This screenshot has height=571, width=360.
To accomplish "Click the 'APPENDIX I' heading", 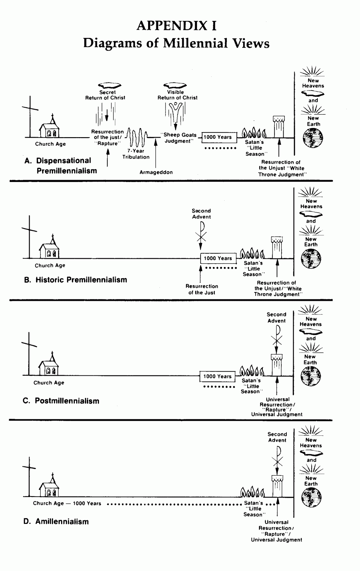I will point(177,26).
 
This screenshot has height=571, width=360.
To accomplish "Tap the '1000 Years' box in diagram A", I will point(218,137).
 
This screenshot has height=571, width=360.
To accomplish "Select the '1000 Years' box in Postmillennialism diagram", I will point(218,376).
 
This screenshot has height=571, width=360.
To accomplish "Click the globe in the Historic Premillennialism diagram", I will point(311,259).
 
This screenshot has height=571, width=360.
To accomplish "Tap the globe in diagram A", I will point(313,138).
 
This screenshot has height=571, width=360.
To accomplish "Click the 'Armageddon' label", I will point(156,173).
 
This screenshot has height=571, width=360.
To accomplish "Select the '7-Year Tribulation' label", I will point(136,154).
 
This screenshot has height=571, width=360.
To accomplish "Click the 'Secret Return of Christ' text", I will point(105,95).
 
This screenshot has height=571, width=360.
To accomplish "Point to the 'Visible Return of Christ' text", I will point(177,95).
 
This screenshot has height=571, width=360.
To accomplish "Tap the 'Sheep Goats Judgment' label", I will point(179,138).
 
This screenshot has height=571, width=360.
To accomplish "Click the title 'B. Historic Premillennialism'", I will point(75,280).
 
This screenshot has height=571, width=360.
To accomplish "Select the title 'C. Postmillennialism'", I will point(61,401).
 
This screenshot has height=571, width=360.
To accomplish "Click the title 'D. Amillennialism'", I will point(56,522).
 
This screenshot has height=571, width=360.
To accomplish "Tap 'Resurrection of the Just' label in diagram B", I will point(202,289).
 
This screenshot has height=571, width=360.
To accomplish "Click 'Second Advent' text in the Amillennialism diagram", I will point(277,437).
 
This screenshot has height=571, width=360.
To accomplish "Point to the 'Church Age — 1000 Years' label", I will point(67,504).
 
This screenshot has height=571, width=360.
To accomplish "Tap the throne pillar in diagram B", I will point(277,248).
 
